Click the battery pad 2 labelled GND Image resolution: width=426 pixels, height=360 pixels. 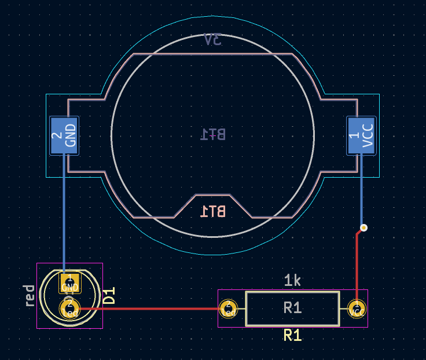(x=64, y=135)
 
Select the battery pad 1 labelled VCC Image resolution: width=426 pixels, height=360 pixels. (x=361, y=135)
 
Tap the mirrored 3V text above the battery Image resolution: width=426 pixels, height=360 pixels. (x=213, y=40)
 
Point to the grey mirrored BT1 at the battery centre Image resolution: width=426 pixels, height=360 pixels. (x=213, y=134)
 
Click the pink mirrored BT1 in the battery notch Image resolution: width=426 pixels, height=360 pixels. (x=213, y=211)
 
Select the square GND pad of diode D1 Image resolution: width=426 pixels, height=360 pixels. (x=69, y=284)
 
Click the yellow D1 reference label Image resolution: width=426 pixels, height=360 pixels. (x=109, y=296)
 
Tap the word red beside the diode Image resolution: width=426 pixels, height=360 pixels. (x=30, y=296)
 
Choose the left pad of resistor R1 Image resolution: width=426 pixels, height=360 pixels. (x=229, y=308)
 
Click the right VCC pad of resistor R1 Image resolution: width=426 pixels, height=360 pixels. (x=357, y=308)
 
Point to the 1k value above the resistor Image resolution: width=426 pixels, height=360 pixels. (x=292, y=281)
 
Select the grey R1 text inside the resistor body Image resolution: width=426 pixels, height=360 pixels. (x=292, y=308)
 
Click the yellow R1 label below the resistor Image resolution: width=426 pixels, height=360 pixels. (x=292, y=335)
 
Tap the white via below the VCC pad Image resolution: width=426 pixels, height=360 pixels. (x=363, y=227)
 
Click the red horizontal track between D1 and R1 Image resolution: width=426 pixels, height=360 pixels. (x=150, y=308)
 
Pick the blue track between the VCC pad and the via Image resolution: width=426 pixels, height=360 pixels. (x=362, y=191)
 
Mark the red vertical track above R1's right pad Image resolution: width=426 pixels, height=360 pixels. (x=357, y=266)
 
